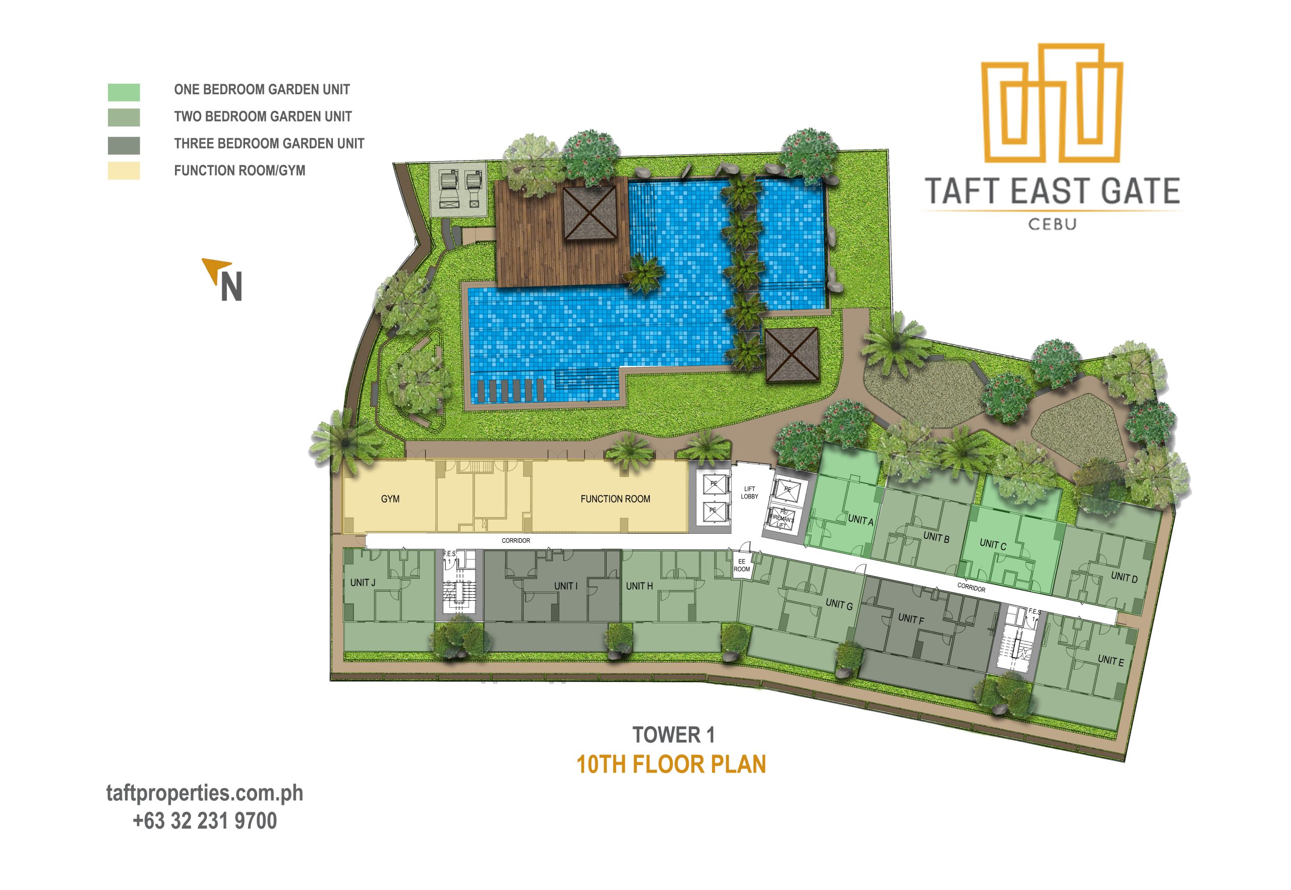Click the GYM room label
tap(390, 498)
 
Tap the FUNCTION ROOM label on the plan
tap(615, 498)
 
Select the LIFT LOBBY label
tap(749, 492)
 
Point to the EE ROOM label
tap(741, 565)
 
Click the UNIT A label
tap(860, 520)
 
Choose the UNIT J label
tap(363, 582)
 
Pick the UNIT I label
tap(566, 586)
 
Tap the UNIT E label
tap(1110, 660)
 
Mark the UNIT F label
tap(910, 618)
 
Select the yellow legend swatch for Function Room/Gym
tap(123, 171)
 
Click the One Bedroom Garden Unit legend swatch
tap(123, 92)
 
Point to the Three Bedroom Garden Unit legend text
tap(269, 143)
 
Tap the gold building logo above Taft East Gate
tap(1051, 104)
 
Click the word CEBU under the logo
tap(1052, 224)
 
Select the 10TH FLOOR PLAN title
tap(671, 764)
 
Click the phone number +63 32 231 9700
tap(205, 821)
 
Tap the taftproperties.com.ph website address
tap(205, 793)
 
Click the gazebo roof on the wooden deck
tap(589, 213)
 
